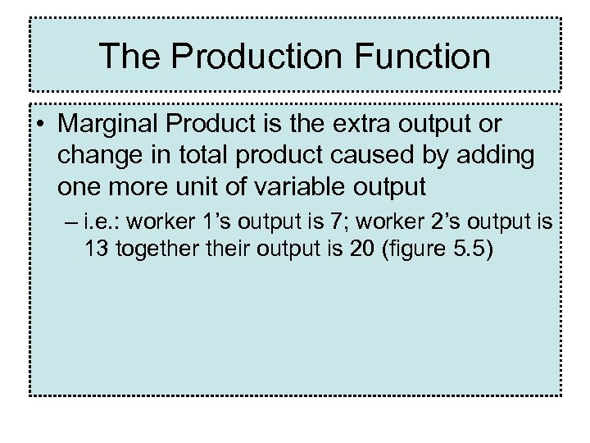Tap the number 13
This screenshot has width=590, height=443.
tap(98, 249)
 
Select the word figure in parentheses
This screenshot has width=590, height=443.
tap(407, 249)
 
